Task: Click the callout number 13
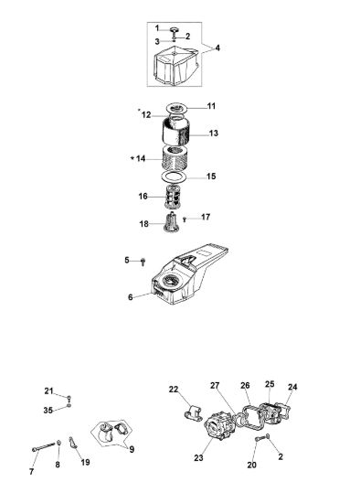tap(213, 134)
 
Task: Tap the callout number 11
tap(211, 106)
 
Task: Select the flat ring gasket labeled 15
tap(174, 177)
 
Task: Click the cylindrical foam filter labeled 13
tap(176, 131)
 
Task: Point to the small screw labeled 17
tap(185, 219)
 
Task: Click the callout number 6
tap(130, 297)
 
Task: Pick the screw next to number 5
tap(143, 262)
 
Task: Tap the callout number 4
tap(217, 48)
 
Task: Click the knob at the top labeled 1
tap(175, 30)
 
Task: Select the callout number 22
tap(174, 390)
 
